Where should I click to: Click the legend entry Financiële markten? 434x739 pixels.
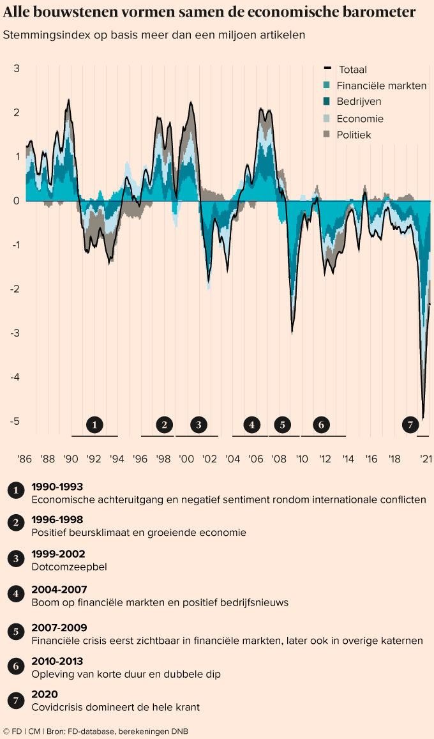tap(381, 86)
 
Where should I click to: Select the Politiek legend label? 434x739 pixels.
tap(354, 135)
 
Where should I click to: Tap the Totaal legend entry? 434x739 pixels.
tap(352, 70)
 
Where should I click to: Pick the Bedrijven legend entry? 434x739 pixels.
tap(359, 102)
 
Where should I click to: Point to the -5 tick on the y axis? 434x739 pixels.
tap(16, 421)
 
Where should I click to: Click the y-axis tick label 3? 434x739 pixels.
tap(17, 68)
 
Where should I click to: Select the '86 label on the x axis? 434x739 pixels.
tap(24, 459)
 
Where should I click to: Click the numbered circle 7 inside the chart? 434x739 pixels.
tap(410, 424)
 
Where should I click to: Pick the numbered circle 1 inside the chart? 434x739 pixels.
tap(94, 424)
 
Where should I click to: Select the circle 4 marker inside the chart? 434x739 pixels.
tap(252, 424)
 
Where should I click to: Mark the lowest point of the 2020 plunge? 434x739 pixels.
tap(423, 418)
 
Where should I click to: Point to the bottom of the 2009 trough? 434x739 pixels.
tap(292, 331)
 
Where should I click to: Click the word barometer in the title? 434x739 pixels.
tap(380, 12)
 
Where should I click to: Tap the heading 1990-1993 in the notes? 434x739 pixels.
tap(57, 487)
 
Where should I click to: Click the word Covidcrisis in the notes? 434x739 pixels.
tap(57, 706)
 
